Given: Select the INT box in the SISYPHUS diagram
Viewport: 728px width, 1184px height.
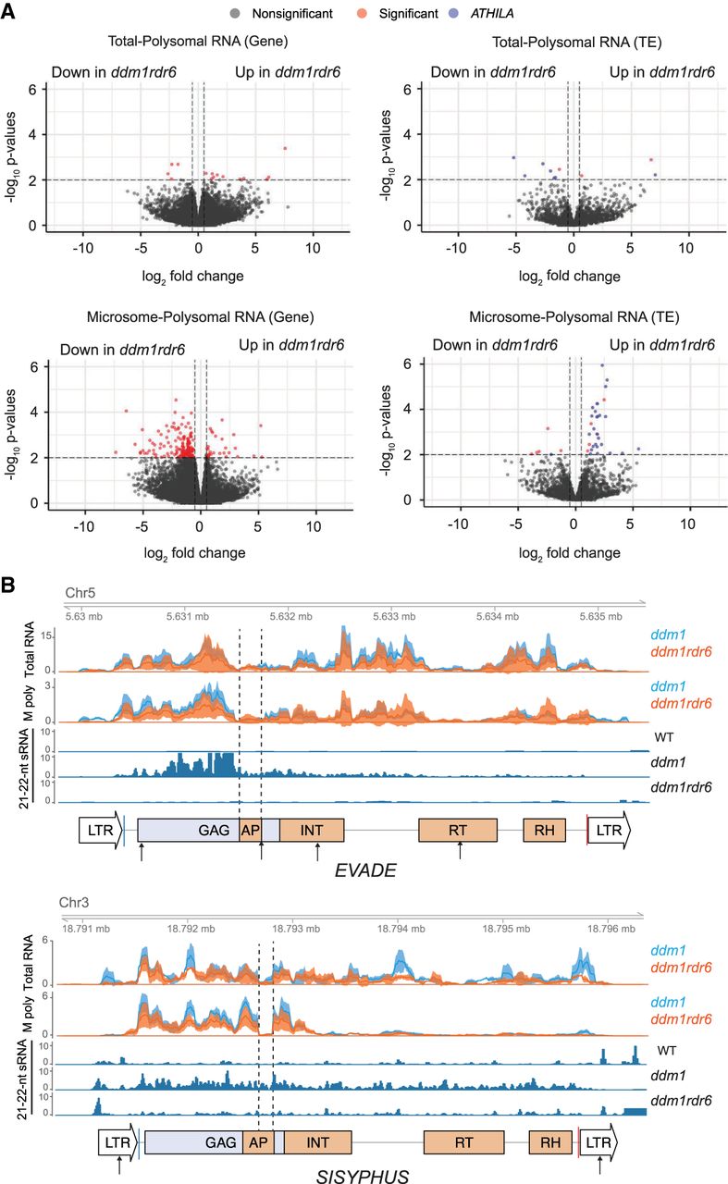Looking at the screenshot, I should [317, 1143].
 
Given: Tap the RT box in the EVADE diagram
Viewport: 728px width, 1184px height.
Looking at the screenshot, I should [457, 830].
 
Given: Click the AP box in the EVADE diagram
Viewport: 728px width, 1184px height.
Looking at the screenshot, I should [250, 830].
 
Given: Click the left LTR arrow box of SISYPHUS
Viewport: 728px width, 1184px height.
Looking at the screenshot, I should [117, 1143].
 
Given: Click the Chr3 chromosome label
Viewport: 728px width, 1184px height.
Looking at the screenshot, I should [76, 903].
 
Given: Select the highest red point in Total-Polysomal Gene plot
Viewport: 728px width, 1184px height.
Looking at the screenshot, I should [285, 148].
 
